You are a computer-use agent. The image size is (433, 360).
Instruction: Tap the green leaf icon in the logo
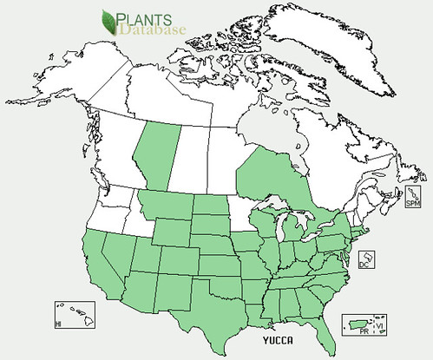(x=112, y=23)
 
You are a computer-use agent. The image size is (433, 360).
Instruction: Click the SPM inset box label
(x=412, y=204)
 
